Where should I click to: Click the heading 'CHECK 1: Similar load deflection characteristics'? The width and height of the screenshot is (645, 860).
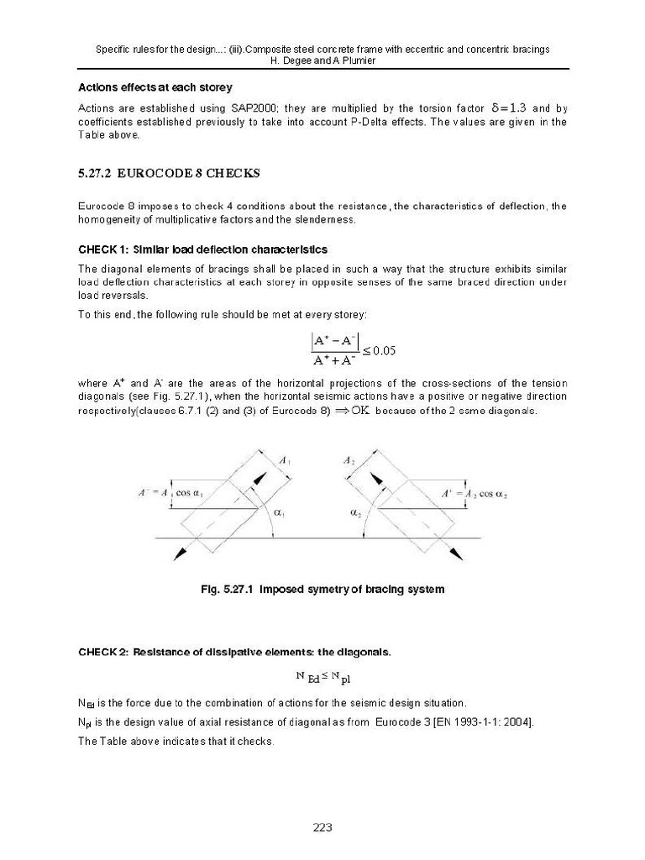pos(202,249)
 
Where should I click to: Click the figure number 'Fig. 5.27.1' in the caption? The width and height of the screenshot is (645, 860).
pos(227,590)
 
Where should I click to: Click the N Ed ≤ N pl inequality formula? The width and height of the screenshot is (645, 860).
pos(322,677)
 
